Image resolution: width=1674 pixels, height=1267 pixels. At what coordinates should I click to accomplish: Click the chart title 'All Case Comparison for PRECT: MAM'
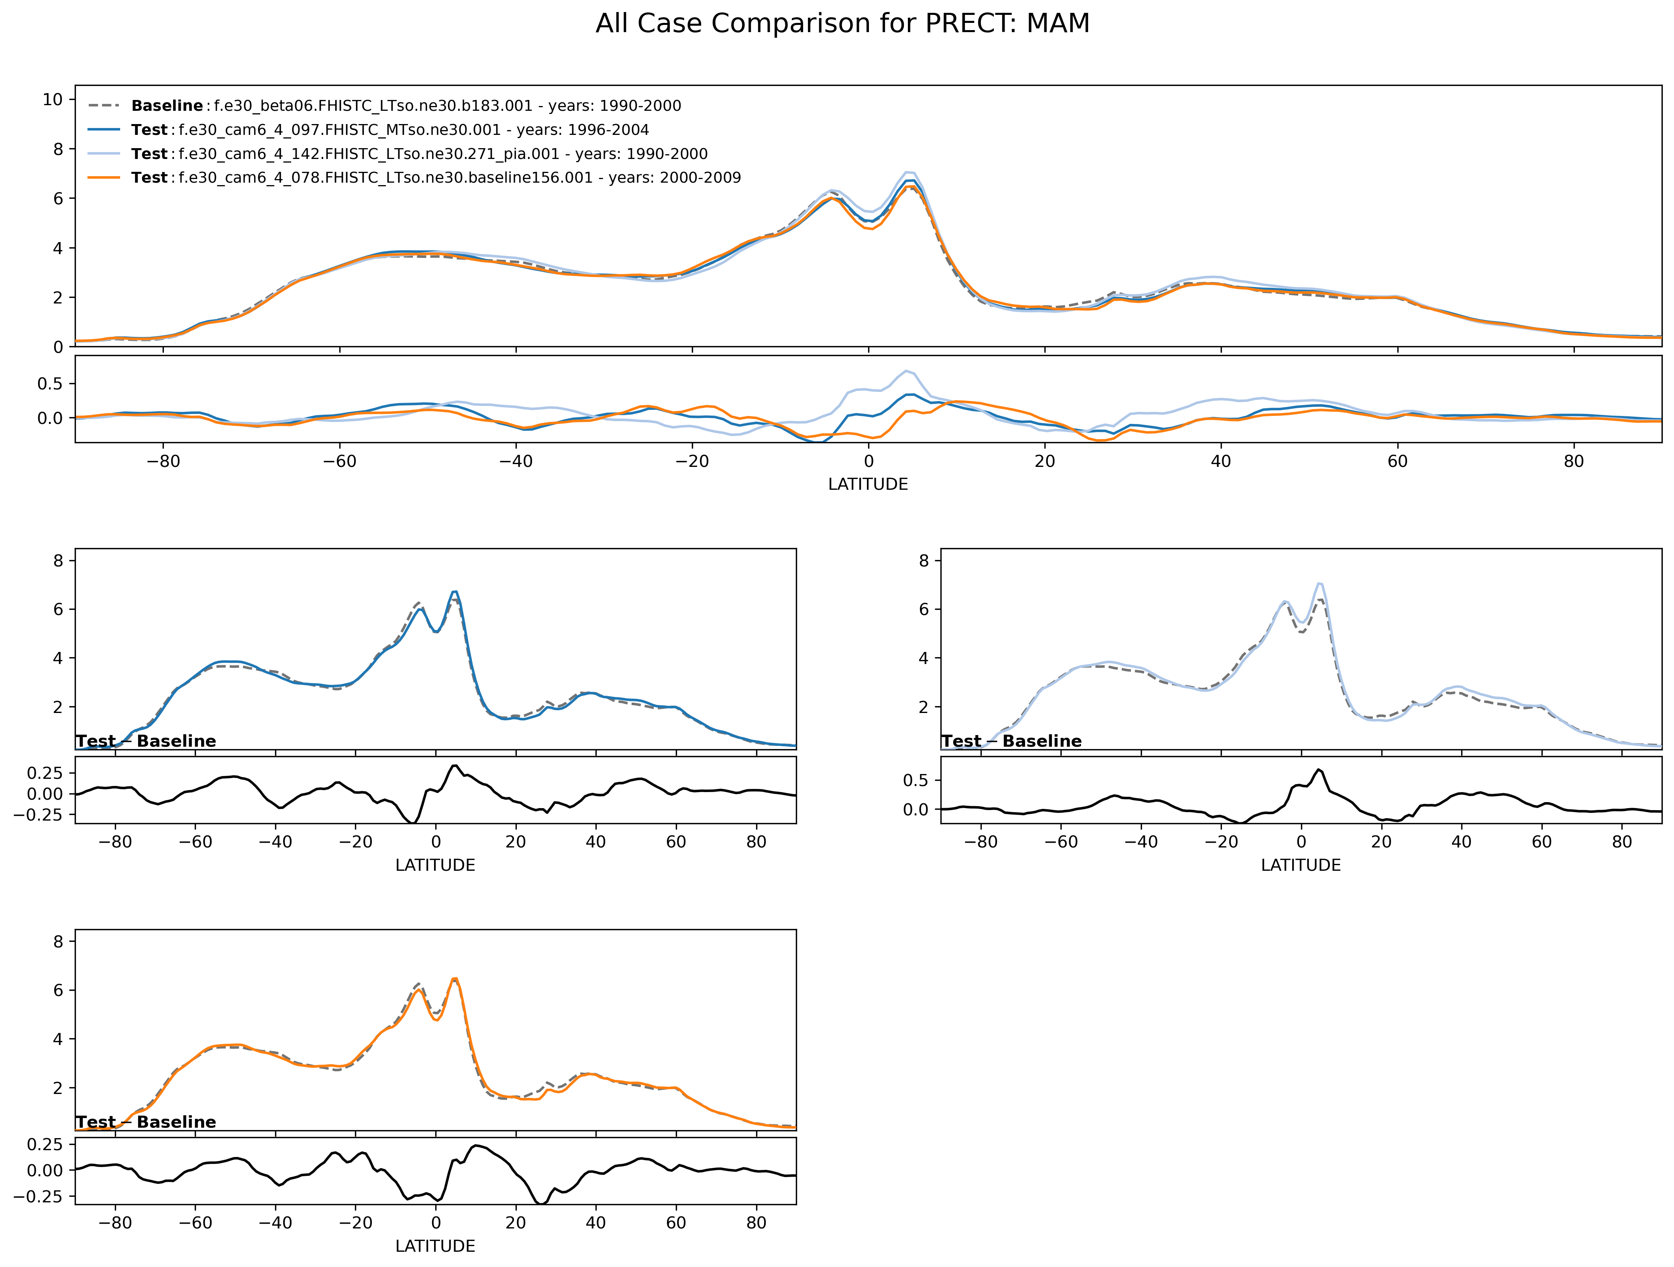(x=842, y=23)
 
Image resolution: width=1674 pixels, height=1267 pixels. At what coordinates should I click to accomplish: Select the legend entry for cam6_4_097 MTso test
(x=390, y=130)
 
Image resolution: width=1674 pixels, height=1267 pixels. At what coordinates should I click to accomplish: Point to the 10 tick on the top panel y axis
(x=53, y=99)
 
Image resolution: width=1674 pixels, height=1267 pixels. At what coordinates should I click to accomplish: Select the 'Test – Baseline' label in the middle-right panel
(x=1011, y=741)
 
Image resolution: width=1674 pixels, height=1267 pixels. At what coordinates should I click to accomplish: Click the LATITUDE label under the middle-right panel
(x=1300, y=866)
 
